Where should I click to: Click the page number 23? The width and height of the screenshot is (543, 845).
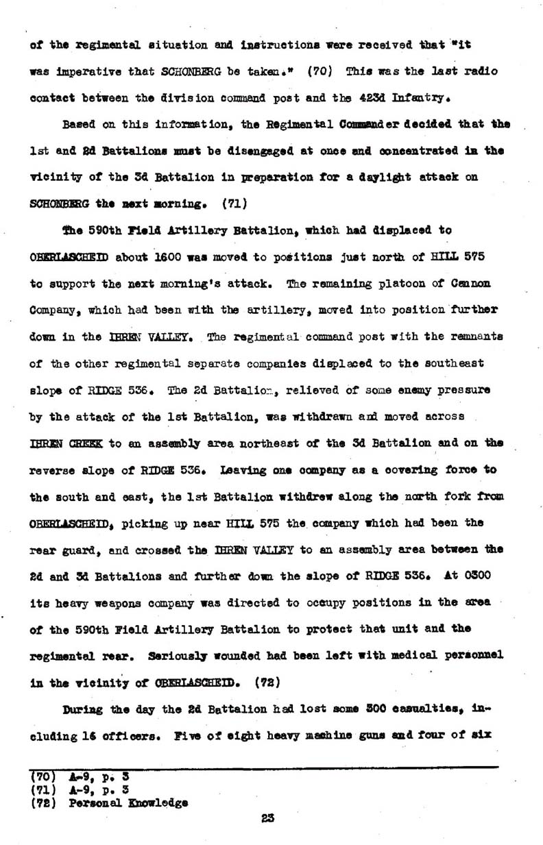[267, 816]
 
